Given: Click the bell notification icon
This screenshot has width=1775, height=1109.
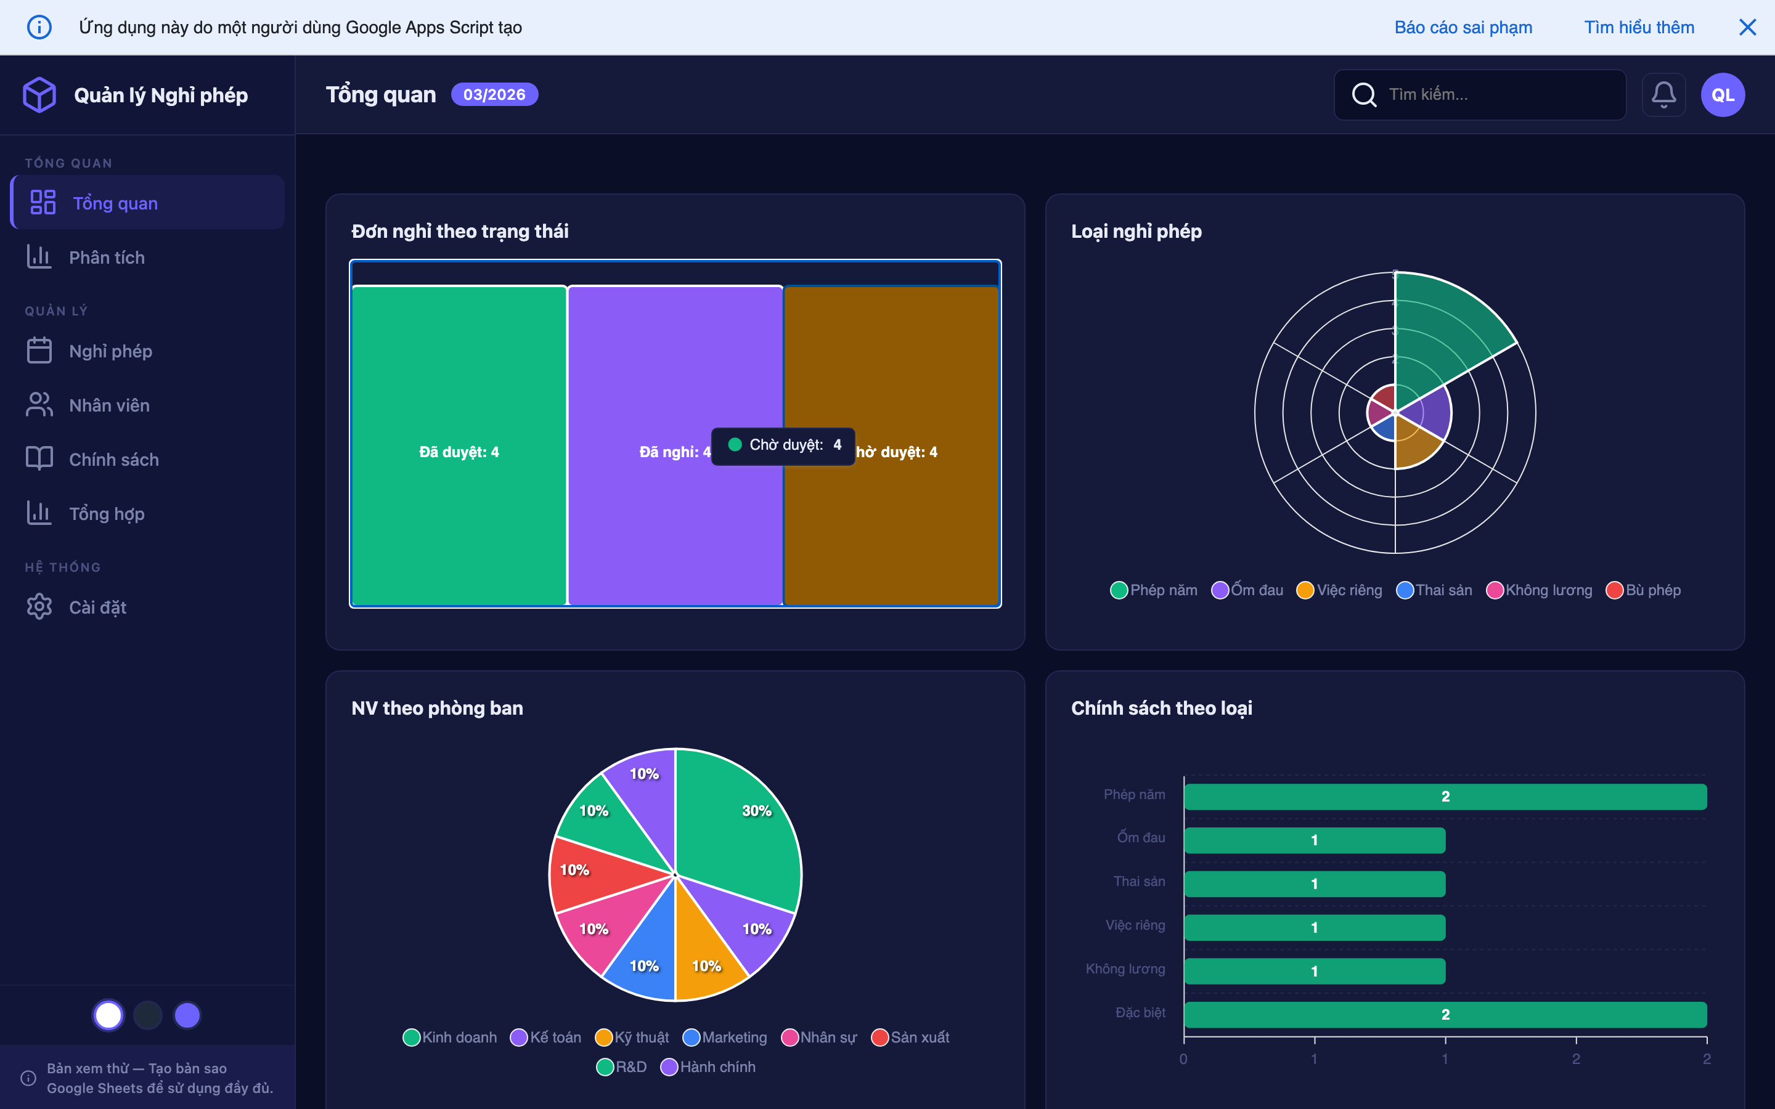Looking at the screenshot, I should (x=1663, y=95).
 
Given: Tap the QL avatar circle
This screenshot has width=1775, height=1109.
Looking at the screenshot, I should (x=1722, y=95).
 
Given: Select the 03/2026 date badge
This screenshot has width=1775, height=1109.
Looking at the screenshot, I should (x=494, y=95).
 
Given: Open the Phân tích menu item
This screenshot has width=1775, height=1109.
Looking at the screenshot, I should (x=107, y=258).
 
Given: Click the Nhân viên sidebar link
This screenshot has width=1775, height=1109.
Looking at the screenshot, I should (x=108, y=405).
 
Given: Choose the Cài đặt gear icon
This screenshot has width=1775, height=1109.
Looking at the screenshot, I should (x=39, y=607).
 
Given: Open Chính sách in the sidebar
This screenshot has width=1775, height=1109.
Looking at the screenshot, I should (x=113, y=459).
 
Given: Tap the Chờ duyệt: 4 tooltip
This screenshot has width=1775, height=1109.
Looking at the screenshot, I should (x=783, y=445).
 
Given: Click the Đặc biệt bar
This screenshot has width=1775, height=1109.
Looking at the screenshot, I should (x=1445, y=1014).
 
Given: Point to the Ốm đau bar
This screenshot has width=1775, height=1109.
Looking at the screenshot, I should (x=1315, y=840).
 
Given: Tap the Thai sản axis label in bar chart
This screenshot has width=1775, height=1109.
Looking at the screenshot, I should (x=1138, y=881).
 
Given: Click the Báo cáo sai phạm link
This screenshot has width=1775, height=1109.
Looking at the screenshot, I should (x=1463, y=27).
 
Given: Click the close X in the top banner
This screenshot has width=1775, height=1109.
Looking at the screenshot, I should (x=1747, y=27).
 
